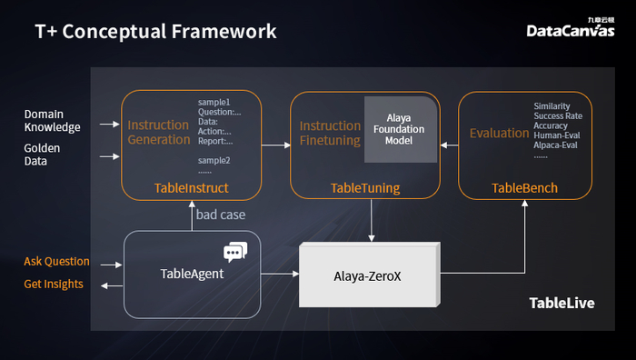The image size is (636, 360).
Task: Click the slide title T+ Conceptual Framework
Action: coord(155,32)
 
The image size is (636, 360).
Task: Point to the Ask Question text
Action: coord(56,262)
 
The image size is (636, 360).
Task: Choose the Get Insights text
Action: coord(53,285)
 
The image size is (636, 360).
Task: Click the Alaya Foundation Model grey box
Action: coord(398,129)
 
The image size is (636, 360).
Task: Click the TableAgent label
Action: coord(192,273)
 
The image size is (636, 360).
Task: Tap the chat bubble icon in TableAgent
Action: coord(235,252)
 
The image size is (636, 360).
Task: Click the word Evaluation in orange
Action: coord(499,134)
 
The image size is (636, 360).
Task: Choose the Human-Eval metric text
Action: coord(557,135)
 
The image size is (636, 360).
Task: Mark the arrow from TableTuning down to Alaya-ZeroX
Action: coord(371,220)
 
